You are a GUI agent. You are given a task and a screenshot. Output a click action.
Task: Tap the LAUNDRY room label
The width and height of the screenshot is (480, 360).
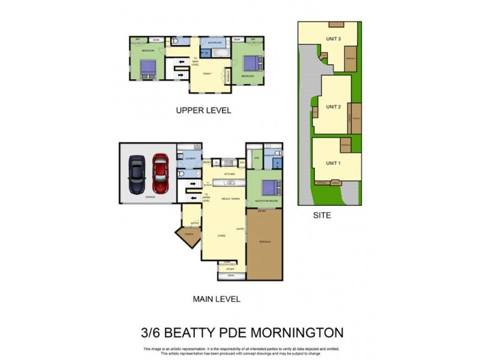click(x=190, y=158)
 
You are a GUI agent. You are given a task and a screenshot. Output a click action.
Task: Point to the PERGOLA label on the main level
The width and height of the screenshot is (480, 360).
click(x=265, y=241)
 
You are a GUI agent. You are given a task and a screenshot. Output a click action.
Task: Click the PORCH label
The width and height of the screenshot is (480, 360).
click(x=189, y=235)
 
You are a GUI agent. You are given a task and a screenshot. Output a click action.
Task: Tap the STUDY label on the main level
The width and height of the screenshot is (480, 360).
click(x=230, y=269)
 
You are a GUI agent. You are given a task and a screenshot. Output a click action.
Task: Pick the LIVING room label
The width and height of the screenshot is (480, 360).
click(x=221, y=236)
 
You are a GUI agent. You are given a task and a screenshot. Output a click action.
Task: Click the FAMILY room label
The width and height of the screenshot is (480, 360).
click(x=207, y=73)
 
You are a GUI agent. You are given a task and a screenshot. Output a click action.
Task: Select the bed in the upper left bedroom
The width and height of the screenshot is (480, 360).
click(x=148, y=68)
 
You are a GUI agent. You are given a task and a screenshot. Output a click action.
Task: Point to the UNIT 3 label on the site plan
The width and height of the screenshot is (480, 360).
click(x=334, y=39)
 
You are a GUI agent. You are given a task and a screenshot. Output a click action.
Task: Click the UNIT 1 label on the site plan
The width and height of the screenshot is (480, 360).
click(x=332, y=163)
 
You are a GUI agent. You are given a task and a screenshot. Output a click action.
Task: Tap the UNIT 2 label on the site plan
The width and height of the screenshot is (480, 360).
click(x=333, y=106)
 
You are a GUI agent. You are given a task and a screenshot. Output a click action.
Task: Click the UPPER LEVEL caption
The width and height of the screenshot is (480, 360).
click(x=203, y=110)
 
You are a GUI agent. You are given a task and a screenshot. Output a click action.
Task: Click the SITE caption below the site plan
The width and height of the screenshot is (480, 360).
click(x=322, y=214)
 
